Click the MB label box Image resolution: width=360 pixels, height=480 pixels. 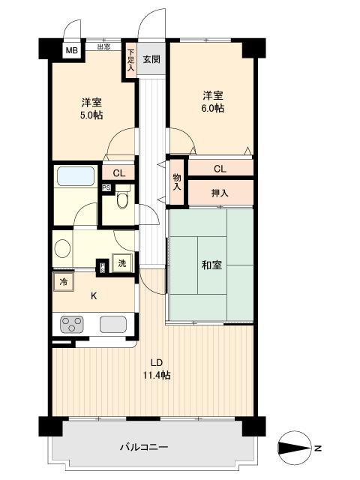[x=71, y=51]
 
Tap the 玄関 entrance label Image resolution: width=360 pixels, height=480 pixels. [x=151, y=58]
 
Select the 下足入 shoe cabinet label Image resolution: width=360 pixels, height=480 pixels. [x=130, y=59]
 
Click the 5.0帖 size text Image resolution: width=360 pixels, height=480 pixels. [x=91, y=115]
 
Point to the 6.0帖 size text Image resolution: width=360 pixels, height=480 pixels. [x=212, y=108]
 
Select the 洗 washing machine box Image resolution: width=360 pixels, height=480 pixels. [x=121, y=263]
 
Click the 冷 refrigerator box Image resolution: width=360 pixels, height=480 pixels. [x=63, y=282]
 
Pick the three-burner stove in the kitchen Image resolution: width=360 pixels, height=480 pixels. [x=73, y=325]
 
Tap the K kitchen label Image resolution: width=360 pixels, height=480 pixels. [x=94, y=295]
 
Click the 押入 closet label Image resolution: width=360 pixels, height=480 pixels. [x=220, y=193]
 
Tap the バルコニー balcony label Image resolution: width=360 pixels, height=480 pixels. [x=144, y=448]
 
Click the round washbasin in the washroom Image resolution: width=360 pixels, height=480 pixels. [x=61, y=247]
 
